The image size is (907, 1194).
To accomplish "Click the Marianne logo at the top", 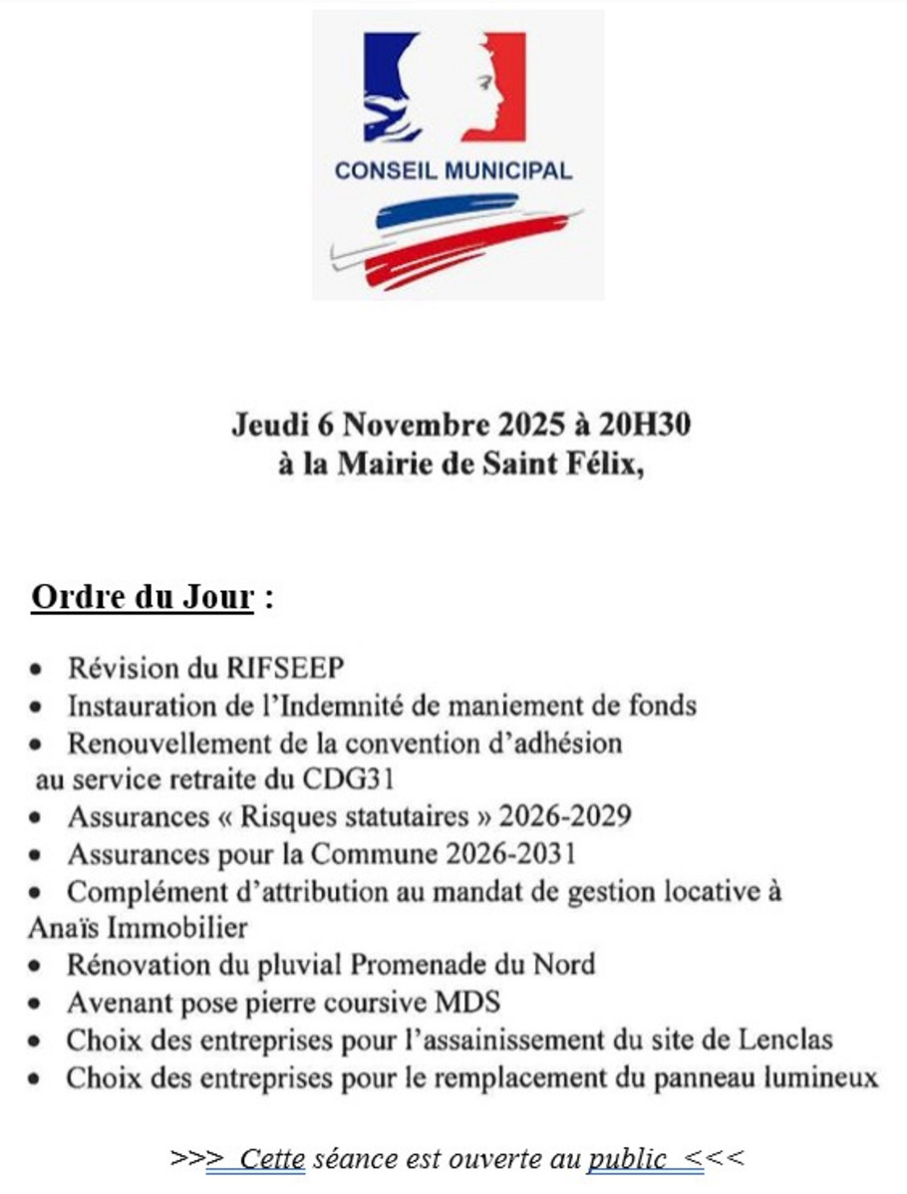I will pos(444,88).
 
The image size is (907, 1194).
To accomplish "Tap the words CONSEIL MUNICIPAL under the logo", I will pos(453,170).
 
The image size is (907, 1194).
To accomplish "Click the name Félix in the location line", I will pos(604,464).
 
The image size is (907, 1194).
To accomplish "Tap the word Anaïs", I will pos(65,927).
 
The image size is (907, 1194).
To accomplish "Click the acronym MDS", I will pos(469,1002).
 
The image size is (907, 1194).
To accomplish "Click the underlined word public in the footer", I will pos(626,1158).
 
